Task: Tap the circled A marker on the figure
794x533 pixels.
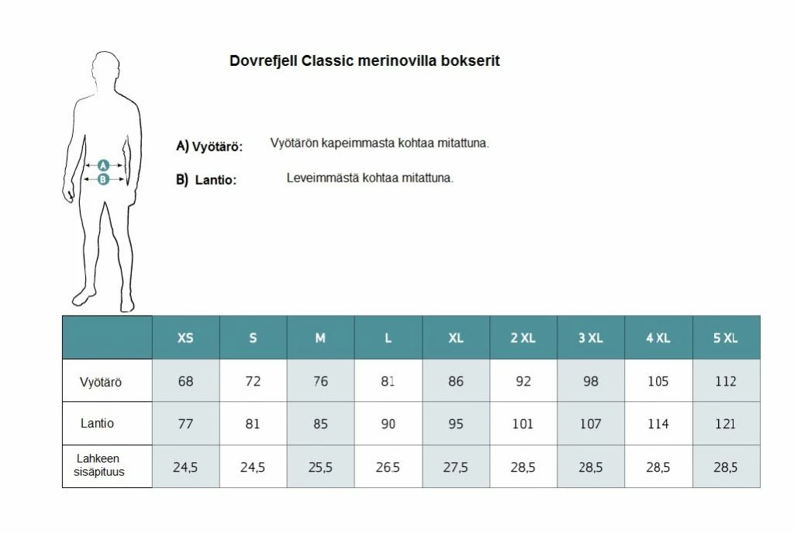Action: pyautogui.click(x=103, y=165)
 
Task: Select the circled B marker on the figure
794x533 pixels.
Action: pyautogui.click(x=103, y=179)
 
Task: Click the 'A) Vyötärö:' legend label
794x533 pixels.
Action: pyautogui.click(x=209, y=146)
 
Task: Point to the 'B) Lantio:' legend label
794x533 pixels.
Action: pyautogui.click(x=206, y=180)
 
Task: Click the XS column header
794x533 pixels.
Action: pyautogui.click(x=186, y=338)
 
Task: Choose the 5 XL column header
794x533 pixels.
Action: pyautogui.click(x=726, y=338)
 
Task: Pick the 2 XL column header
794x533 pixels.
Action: pyautogui.click(x=523, y=338)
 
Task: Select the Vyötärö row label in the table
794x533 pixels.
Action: pyautogui.click(x=101, y=382)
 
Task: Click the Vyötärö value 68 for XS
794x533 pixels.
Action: pyautogui.click(x=186, y=382)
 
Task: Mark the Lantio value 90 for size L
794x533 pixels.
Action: pyautogui.click(x=388, y=424)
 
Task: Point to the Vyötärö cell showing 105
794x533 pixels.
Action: pyautogui.click(x=658, y=382)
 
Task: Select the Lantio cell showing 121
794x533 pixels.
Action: pyautogui.click(x=726, y=424)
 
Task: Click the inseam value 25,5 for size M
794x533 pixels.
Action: pyautogui.click(x=320, y=467)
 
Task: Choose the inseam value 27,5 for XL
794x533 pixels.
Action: pyautogui.click(x=456, y=467)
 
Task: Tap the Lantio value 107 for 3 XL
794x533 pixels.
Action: pyautogui.click(x=591, y=424)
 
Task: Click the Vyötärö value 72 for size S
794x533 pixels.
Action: pyautogui.click(x=253, y=382)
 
